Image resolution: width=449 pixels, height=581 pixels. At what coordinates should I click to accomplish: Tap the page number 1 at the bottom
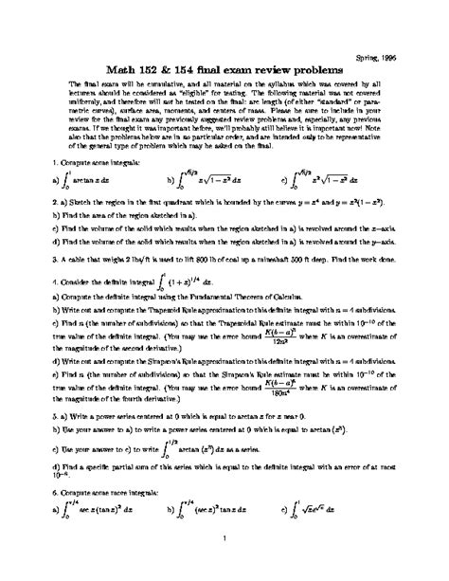pyautogui.click(x=224, y=566)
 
